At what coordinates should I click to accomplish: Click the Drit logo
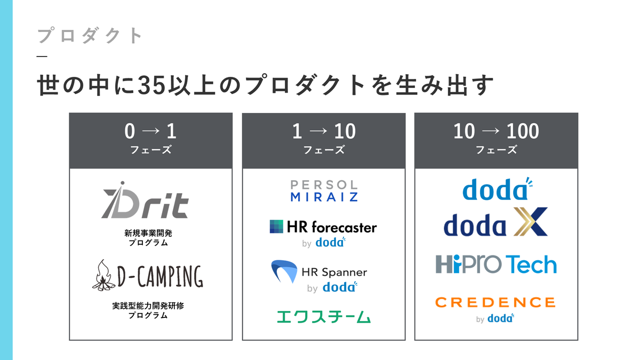point(145,200)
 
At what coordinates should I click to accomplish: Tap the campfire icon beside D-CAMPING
point(103,275)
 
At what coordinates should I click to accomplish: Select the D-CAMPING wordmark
point(161,276)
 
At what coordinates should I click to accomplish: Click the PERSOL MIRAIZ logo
point(324,190)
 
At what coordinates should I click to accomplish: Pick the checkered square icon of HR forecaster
point(276,227)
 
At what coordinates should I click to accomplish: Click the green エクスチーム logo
point(324,317)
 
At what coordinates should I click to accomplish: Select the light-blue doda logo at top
point(498,189)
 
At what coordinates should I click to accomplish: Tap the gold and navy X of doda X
point(531,222)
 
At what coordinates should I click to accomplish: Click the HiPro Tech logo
point(496,264)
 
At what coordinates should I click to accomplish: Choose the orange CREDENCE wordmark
point(495,302)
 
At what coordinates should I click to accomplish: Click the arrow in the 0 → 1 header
point(151,131)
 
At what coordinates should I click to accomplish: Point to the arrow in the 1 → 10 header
point(318,131)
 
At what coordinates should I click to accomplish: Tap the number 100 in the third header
point(523,131)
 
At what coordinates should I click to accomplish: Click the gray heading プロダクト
point(90,35)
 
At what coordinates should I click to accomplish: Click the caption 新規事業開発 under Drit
point(148,233)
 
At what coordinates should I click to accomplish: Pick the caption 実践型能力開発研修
point(148,306)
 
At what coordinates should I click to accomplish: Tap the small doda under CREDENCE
point(501,318)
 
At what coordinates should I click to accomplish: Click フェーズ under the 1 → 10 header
point(324,149)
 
